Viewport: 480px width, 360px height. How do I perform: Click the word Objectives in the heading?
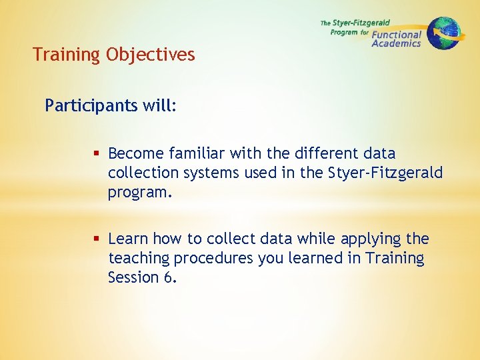click(x=150, y=55)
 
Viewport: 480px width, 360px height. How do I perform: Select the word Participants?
click(x=85, y=106)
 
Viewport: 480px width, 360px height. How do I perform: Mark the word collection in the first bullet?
click(x=143, y=173)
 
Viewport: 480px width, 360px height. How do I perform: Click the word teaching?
click(x=138, y=258)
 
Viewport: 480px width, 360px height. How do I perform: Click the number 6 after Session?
click(x=167, y=277)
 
